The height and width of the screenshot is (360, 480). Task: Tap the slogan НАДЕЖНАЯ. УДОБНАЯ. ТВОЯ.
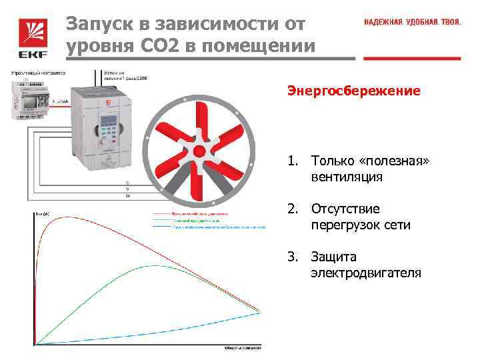tap(412, 22)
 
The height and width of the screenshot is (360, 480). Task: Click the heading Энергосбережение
tap(353, 90)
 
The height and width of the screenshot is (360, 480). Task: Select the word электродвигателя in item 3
tap(365, 273)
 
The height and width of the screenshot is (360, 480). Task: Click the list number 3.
tap(291, 257)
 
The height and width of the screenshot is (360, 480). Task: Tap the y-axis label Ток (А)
tap(41, 213)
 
